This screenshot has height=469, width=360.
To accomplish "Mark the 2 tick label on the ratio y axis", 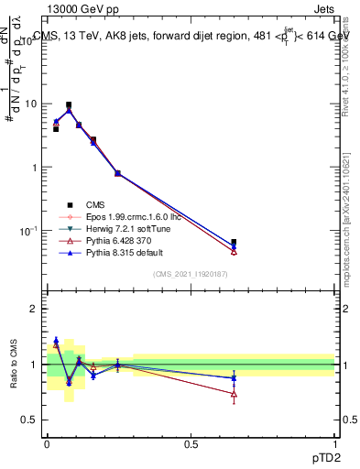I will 34,310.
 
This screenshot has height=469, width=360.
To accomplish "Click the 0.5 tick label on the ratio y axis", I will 30,420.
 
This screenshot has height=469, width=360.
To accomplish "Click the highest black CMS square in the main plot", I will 69,105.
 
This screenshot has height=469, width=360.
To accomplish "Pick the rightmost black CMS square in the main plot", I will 234,243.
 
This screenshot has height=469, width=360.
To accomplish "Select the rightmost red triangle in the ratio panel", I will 234,395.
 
